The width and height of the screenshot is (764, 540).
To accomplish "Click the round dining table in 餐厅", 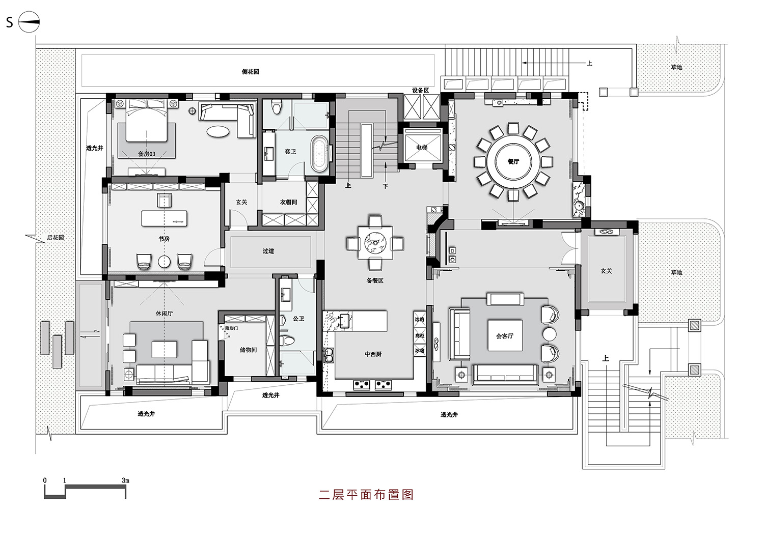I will pyautogui.click(x=512, y=162).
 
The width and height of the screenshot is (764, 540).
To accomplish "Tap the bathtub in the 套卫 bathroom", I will pyautogui.click(x=320, y=152).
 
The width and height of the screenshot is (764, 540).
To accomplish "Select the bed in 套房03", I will pyautogui.click(x=147, y=122).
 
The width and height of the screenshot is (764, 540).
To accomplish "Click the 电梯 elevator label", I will pyautogui.click(x=422, y=148).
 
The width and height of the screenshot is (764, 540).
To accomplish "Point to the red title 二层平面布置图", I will pyautogui.click(x=366, y=495).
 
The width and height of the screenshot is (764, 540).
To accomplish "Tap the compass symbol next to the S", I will pyautogui.click(x=29, y=22).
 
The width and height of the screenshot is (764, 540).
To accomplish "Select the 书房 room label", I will pyautogui.click(x=164, y=239).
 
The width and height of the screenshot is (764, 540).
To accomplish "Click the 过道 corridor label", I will pyautogui.click(x=268, y=251).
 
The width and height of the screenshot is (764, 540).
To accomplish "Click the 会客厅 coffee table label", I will pyautogui.click(x=505, y=336).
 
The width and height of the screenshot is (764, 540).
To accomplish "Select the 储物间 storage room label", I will pyautogui.click(x=249, y=350).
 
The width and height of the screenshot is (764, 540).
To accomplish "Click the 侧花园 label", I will pyautogui.click(x=250, y=72).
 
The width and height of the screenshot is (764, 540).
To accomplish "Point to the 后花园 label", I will pyautogui.click(x=56, y=238).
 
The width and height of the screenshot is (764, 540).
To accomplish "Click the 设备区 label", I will pyautogui.click(x=421, y=90).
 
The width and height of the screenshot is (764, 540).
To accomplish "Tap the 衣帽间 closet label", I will pyautogui.click(x=288, y=202).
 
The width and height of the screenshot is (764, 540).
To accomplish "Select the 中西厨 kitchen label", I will pyautogui.click(x=373, y=354).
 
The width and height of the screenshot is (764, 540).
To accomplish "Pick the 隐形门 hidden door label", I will pyautogui.click(x=232, y=328).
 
